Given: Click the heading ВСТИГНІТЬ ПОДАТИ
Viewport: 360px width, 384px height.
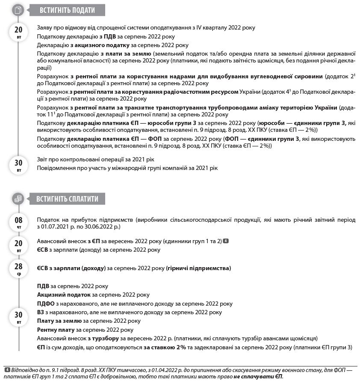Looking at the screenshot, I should (x=67, y=10).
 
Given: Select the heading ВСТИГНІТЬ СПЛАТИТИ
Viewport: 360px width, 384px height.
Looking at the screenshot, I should (x=67, y=199).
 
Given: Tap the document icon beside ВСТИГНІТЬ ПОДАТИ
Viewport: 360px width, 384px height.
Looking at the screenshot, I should (x=18, y=10).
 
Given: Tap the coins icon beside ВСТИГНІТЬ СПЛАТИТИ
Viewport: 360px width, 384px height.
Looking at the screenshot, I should (x=18, y=199).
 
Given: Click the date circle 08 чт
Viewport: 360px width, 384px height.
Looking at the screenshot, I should (x=18, y=223).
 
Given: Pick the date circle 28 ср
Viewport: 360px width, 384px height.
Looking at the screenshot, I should (x=18, y=268).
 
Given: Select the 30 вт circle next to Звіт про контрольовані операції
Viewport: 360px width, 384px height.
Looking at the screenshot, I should (x=18, y=165).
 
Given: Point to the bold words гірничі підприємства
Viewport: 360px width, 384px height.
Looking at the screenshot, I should (x=198, y=268).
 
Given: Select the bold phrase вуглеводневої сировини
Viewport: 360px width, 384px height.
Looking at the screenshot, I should (x=283, y=77).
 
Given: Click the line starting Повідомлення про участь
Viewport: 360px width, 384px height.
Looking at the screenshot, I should (x=127, y=168).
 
